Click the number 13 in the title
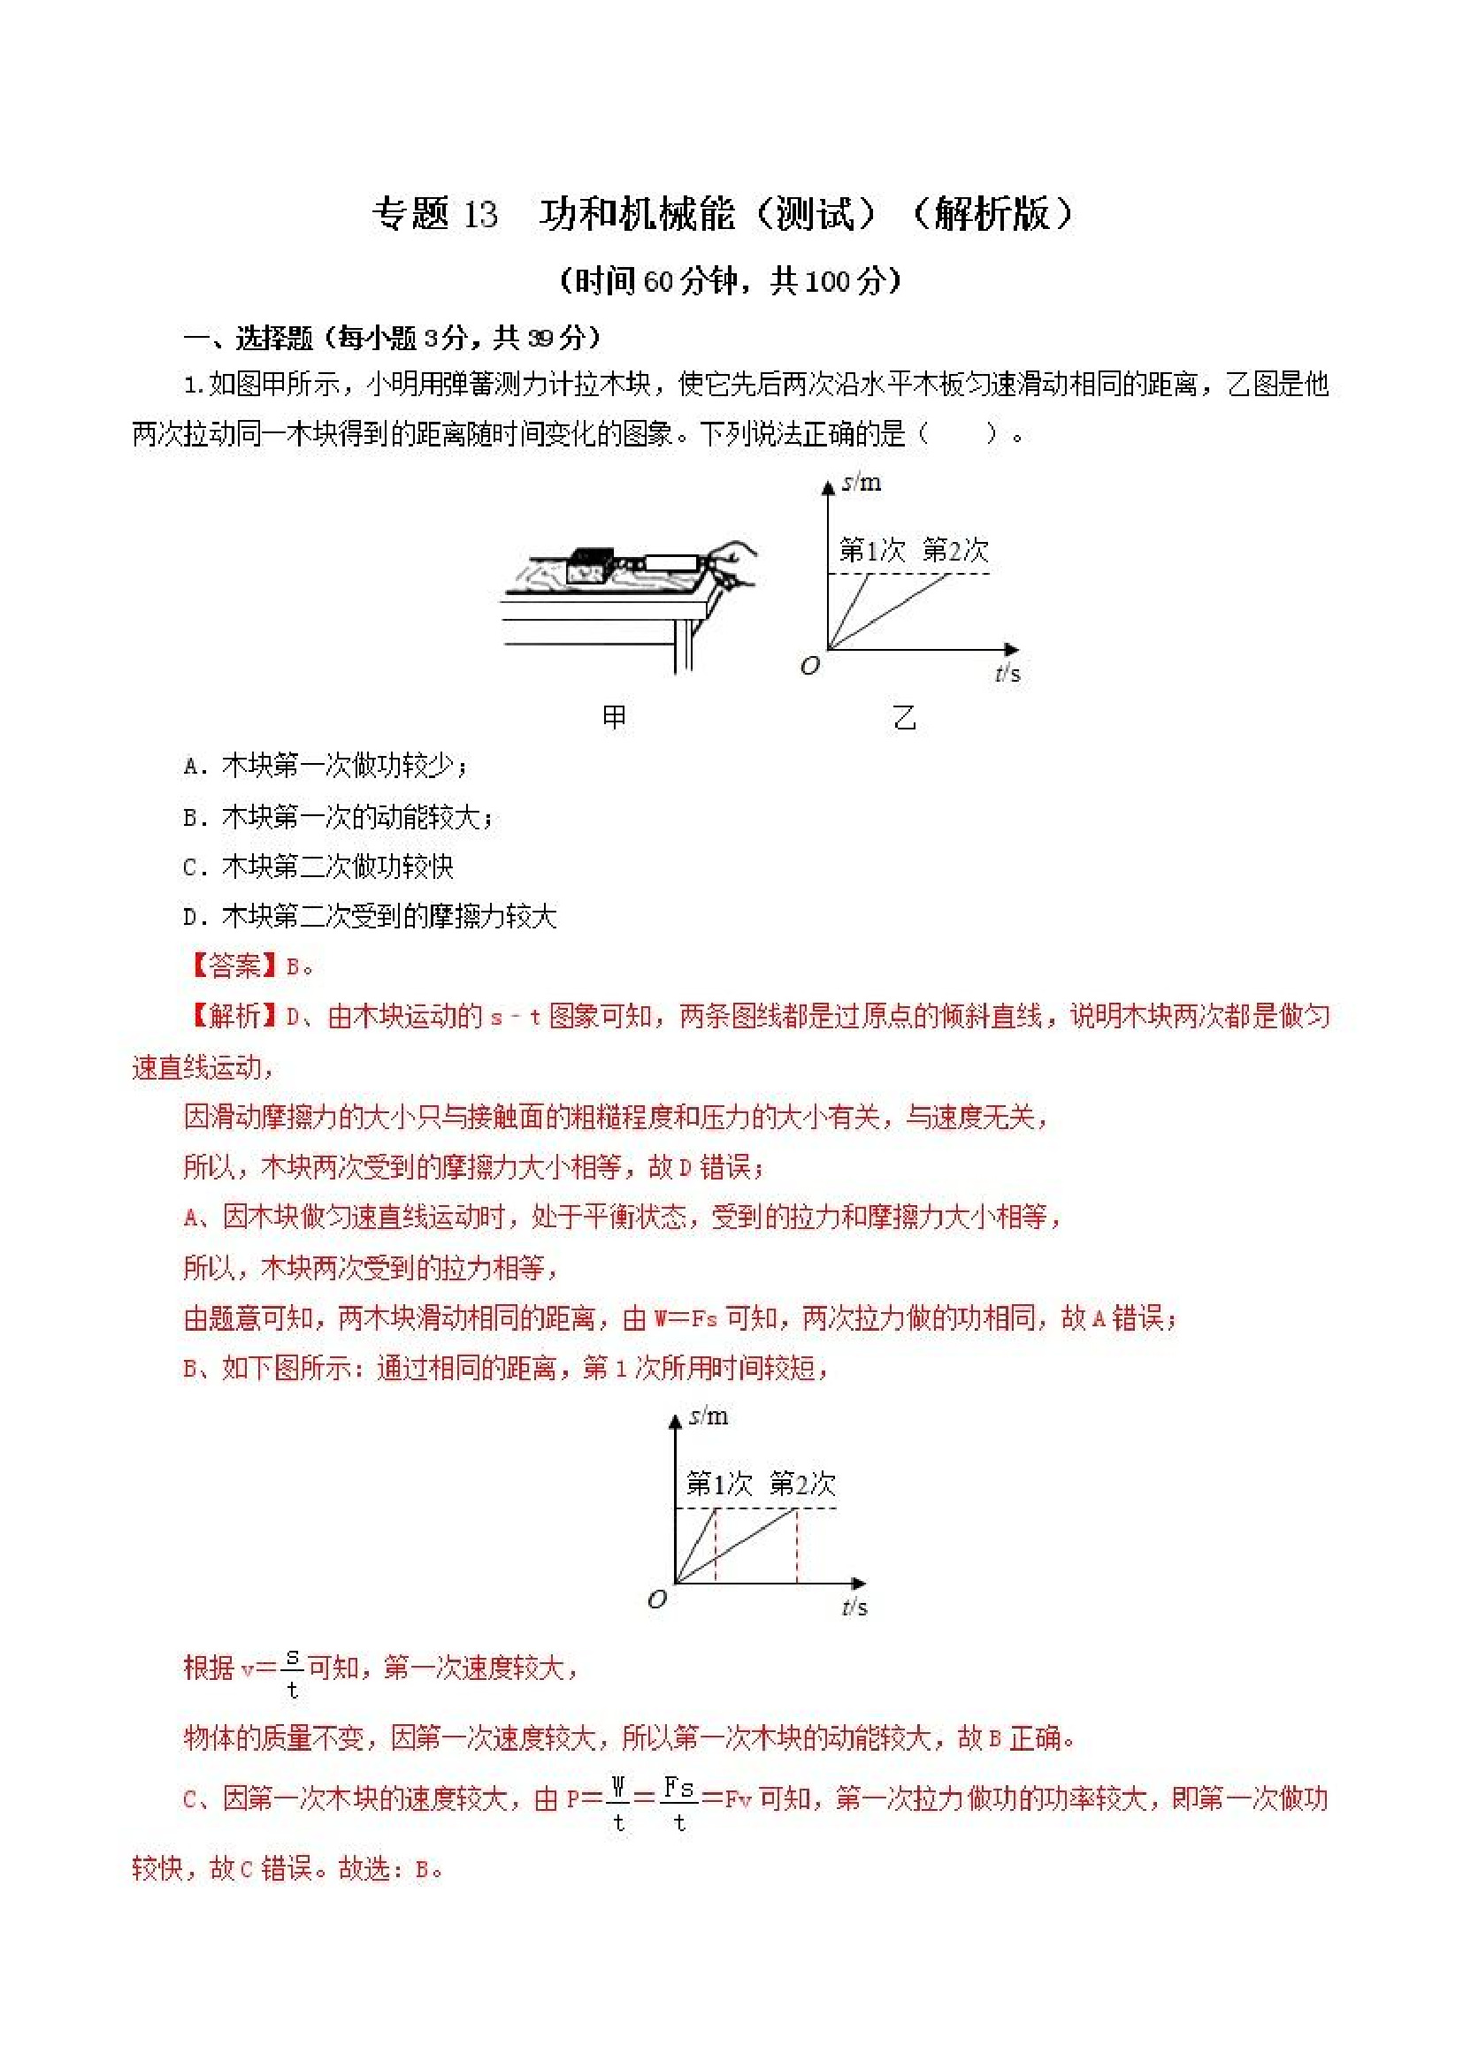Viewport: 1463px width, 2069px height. pyautogui.click(x=479, y=216)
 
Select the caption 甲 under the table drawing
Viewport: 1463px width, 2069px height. pyautogui.click(x=614, y=717)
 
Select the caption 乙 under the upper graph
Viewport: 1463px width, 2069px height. pyautogui.click(x=904, y=717)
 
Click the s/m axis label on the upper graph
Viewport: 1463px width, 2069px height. pyautogui.click(x=862, y=483)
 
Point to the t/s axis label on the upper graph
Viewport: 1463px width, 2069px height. pyautogui.click(x=1007, y=672)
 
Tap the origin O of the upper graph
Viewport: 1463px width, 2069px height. pyautogui.click(x=809, y=666)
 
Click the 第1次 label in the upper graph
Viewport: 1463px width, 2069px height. pyautogui.click(x=870, y=550)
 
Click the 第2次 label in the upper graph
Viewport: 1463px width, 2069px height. pyautogui.click(x=955, y=550)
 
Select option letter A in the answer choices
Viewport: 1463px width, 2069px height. pyautogui.click(x=190, y=767)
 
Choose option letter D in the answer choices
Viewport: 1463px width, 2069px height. pyautogui.click(x=190, y=919)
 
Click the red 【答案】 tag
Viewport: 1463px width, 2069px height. pyautogui.click(x=233, y=967)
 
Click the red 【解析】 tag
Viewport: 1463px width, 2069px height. pyautogui.click(x=233, y=1017)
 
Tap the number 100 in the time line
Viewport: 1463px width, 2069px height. pyautogui.click(x=827, y=282)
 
